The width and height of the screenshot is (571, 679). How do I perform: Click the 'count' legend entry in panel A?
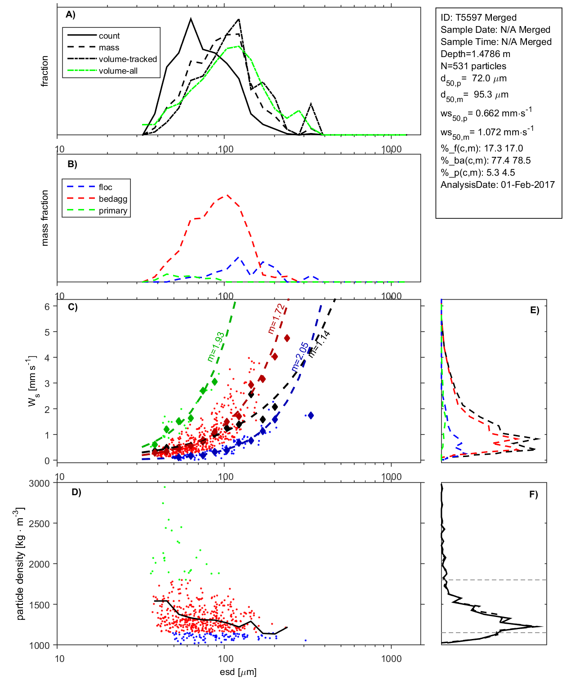pos(109,36)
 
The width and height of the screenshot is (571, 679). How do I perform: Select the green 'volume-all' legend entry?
pos(118,71)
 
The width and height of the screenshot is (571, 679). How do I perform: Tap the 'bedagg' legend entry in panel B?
pos(113,199)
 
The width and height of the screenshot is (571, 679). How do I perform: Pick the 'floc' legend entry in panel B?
pos(105,187)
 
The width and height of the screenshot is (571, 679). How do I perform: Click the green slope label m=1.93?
pos(216,347)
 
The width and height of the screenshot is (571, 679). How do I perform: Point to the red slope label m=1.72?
pos(276,319)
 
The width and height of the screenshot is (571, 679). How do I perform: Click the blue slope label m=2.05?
pos(300,357)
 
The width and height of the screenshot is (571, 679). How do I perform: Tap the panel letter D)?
pos(76,492)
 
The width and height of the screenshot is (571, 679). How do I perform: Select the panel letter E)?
pos(534,310)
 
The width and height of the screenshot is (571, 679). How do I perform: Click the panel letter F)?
pos(533,494)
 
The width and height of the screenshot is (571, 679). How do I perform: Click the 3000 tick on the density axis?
pos(39,484)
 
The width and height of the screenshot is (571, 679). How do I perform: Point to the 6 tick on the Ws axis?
pos(47,306)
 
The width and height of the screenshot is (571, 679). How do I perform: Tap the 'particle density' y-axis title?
pos(20,564)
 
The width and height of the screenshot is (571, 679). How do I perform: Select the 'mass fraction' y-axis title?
pos(45,218)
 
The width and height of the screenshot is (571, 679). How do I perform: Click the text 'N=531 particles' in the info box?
pos(473,66)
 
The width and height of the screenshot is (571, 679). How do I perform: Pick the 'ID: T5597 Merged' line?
pos(478,18)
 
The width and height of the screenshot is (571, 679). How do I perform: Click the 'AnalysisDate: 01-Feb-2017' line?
pos(497,185)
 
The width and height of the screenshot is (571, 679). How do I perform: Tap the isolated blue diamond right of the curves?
pos(310,416)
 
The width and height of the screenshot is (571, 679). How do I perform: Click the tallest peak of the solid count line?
pos(191,19)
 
